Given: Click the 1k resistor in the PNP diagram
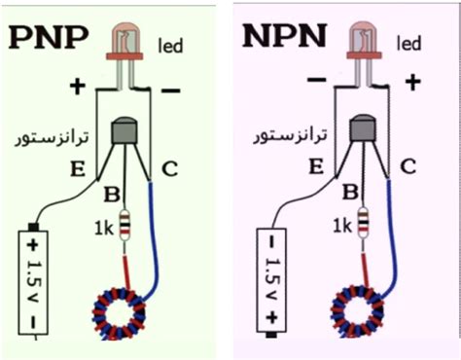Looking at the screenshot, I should pos(124,226).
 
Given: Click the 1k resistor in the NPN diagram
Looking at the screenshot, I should pos(362,226).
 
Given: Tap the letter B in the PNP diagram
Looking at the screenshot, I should pos(111,192).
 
